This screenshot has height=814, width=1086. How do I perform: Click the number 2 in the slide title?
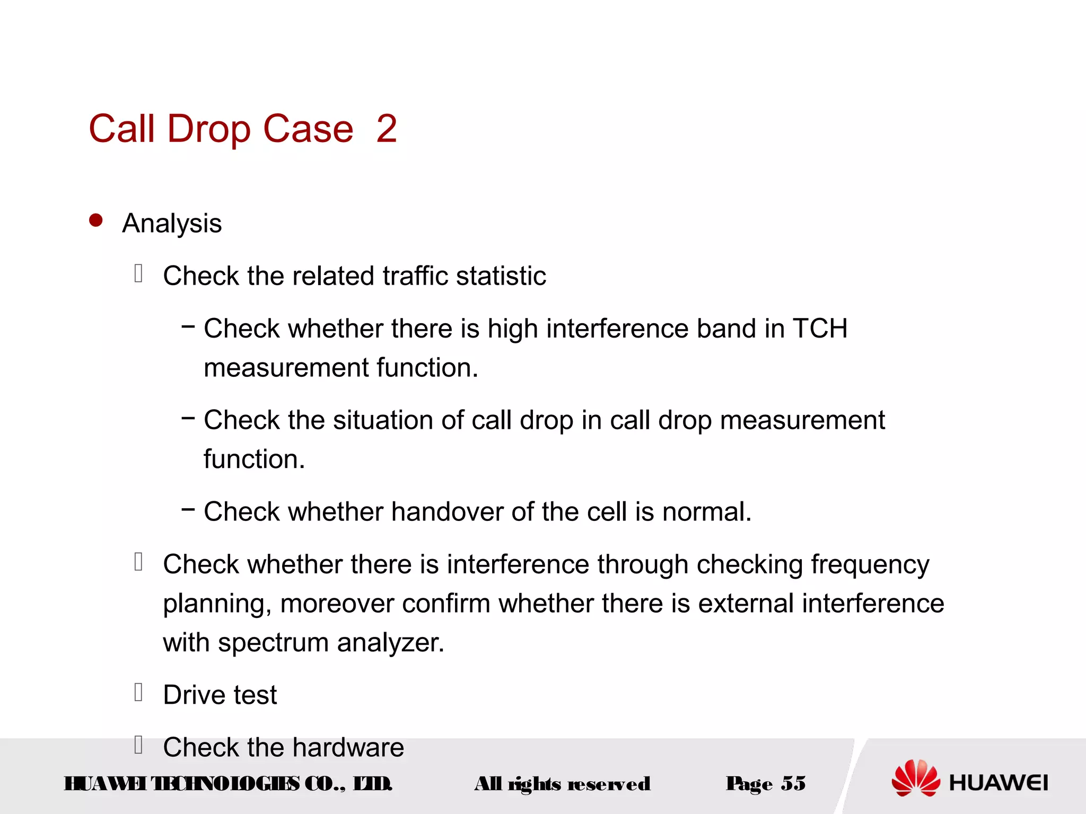pos(387,129)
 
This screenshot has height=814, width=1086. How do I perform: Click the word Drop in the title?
pos(209,129)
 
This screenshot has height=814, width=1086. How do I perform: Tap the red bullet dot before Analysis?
pos(96,220)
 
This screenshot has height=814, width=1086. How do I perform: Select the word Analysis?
pos(172,223)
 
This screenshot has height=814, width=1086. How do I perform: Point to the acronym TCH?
pos(820,329)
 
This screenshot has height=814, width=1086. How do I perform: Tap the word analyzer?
pos(390,643)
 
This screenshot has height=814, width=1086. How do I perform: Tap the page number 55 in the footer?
pos(793,783)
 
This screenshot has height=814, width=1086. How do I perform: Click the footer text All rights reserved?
pos(562,783)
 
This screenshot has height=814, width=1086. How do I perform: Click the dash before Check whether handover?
pos(188,510)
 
